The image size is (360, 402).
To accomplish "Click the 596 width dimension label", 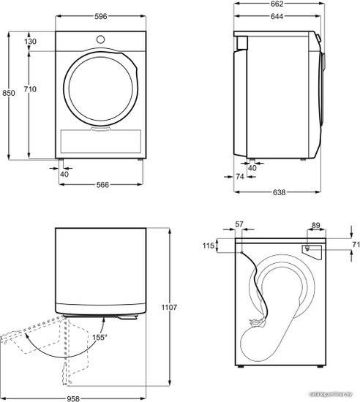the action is (x=100, y=16).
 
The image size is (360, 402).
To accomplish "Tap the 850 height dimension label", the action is (x=9, y=93).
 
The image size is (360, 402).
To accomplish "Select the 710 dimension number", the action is (x=30, y=89).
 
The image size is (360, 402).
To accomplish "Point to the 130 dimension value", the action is (x=30, y=41).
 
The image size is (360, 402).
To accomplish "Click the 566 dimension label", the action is (x=102, y=185).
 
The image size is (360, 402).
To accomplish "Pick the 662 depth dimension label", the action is (x=277, y=4).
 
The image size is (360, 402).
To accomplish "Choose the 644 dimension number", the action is (x=277, y=16).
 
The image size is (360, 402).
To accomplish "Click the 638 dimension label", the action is (x=280, y=192).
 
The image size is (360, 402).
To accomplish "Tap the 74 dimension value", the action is (x=240, y=177).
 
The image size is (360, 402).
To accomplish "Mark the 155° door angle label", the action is (x=100, y=338).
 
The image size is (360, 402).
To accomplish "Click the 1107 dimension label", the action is (x=169, y=307).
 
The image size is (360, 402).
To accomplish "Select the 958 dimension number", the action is (x=73, y=398).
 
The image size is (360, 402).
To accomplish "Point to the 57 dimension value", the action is (x=239, y=224).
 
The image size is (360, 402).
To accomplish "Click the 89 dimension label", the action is (x=316, y=225).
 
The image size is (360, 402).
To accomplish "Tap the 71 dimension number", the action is (x=356, y=245).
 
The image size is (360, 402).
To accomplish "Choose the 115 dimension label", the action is (x=209, y=246).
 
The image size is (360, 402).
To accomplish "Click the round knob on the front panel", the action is (x=100, y=39).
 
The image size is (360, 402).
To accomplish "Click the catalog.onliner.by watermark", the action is (x=331, y=394).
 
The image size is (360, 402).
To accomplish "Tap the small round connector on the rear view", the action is (x=307, y=248).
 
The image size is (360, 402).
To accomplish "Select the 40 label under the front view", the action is (x=64, y=174).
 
